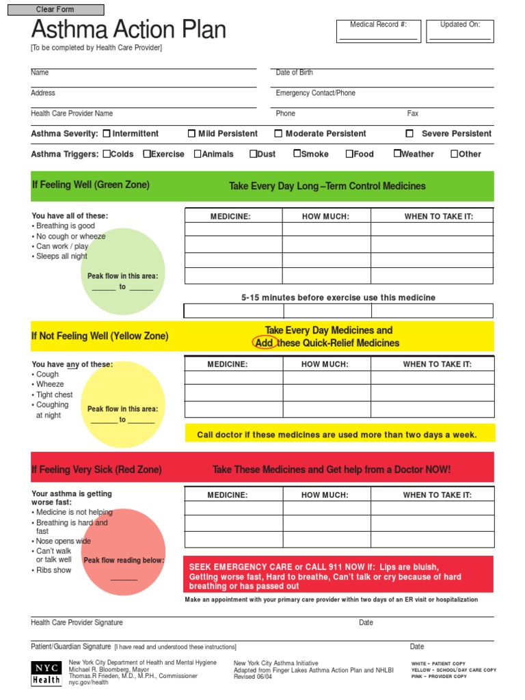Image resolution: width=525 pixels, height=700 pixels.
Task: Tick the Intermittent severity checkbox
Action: [107, 134]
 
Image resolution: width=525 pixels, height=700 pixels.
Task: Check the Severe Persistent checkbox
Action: [409, 134]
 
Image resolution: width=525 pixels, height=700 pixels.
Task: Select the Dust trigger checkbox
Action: [253, 154]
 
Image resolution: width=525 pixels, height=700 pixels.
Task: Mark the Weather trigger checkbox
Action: [397, 154]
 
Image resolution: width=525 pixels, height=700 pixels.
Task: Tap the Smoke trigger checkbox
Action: [297, 154]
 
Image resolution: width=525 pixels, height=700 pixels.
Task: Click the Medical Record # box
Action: [378, 31]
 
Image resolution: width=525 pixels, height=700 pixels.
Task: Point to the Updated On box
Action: [459, 31]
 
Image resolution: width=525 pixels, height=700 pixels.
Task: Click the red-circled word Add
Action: [265, 343]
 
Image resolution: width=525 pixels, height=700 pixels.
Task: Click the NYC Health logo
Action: [46, 673]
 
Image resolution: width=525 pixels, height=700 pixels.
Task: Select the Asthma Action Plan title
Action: [129, 30]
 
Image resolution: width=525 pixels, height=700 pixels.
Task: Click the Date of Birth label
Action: [294, 72]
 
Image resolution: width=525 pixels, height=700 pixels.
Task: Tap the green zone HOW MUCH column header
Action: [325, 217]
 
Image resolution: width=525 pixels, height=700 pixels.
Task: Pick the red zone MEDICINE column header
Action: [228, 495]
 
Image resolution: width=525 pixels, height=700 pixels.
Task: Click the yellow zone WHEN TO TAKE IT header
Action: [437, 364]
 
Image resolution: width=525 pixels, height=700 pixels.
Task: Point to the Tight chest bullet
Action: [54, 395]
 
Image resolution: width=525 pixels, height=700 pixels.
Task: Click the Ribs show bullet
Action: [53, 570]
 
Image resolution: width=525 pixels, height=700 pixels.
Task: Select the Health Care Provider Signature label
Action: [77, 623]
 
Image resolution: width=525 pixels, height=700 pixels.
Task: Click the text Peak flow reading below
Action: [124, 561]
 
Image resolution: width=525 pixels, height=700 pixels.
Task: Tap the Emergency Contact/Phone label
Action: [315, 93]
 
